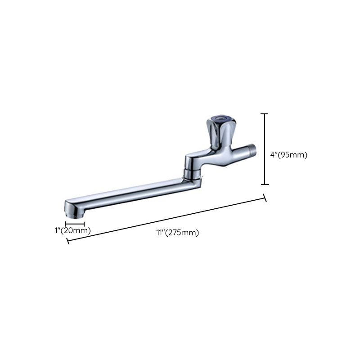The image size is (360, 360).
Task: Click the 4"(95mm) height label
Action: pyautogui.click(x=288, y=155)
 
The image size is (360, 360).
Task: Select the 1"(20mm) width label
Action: pyautogui.click(x=72, y=230)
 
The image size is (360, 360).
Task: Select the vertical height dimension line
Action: pyautogui.click(x=265, y=148)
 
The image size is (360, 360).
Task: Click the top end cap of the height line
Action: pyautogui.click(x=265, y=114)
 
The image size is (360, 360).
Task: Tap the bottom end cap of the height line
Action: pyautogui.click(x=265, y=184)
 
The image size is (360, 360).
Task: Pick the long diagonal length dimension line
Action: pyautogui.click(x=166, y=219)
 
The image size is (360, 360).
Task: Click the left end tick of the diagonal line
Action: pyautogui.click(x=67, y=241)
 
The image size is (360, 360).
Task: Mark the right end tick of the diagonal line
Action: pyautogui.click(x=265, y=198)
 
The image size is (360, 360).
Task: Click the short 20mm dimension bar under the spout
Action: pyautogui.click(x=75, y=224)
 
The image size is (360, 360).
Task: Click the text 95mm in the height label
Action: pyautogui.click(x=294, y=155)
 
